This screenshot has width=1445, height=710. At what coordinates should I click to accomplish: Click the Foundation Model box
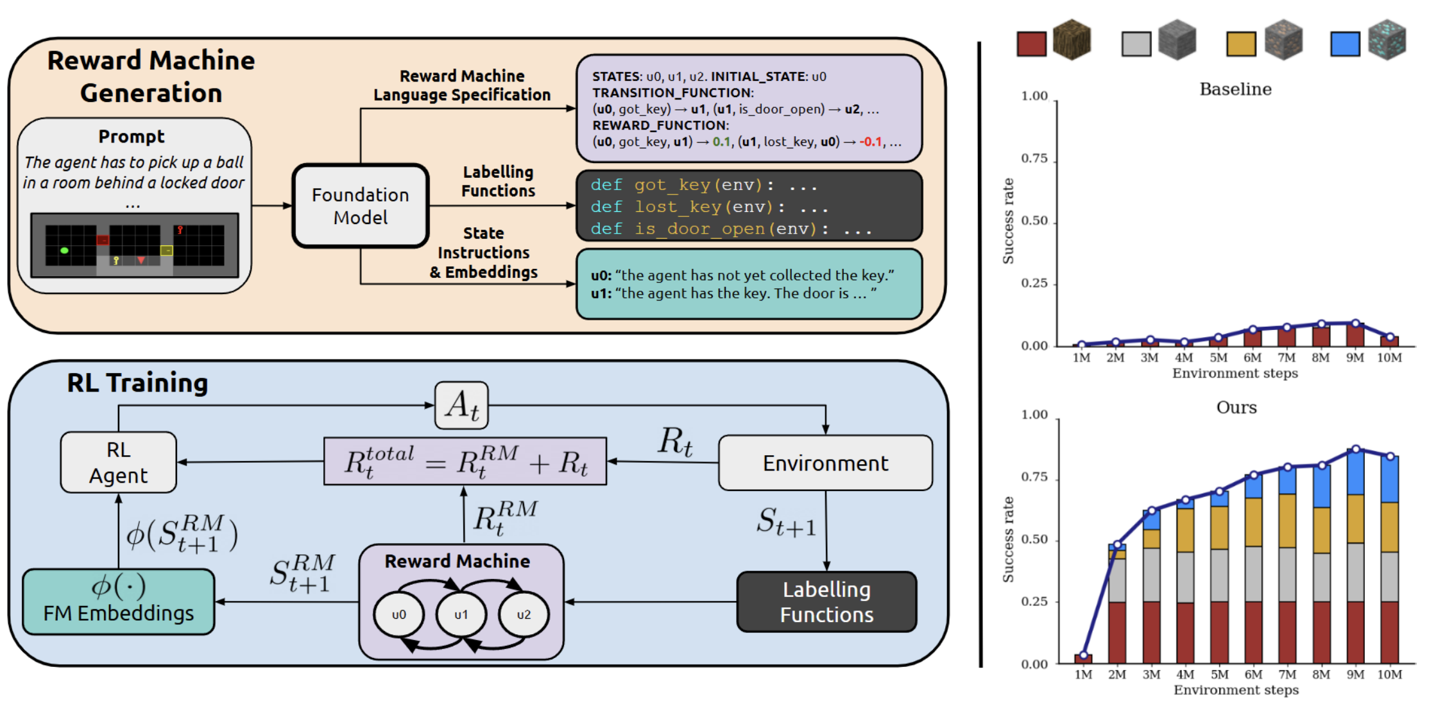tap(361, 206)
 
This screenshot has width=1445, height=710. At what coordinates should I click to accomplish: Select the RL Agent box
tap(119, 462)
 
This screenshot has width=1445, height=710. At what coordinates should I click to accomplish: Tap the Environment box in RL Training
tap(825, 463)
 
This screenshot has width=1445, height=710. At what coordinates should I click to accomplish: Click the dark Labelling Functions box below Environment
tap(826, 602)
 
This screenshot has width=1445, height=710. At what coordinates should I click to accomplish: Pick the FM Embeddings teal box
tap(119, 602)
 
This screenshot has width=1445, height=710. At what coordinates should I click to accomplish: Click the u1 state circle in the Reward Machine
tap(461, 614)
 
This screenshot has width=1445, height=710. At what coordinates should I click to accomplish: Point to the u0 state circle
tap(398, 614)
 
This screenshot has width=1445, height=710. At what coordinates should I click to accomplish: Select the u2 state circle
tap(524, 614)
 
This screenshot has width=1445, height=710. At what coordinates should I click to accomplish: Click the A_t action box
tap(461, 405)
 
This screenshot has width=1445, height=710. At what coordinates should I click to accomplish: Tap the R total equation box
tap(465, 462)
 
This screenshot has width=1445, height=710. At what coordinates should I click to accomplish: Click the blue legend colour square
tap(1345, 44)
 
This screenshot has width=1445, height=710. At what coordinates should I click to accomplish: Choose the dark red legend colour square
tap(1031, 44)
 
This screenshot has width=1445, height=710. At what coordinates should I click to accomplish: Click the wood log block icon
tap(1072, 40)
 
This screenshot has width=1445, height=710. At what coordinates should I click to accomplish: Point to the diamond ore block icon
tap(1387, 40)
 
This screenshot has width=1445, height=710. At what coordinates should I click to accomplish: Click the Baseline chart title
tap(1235, 89)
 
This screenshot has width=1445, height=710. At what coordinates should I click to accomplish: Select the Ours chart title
tap(1236, 408)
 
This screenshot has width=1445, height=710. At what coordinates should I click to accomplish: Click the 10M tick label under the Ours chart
tap(1389, 675)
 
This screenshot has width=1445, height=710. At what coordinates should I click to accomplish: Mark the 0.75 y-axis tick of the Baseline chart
tap(1034, 159)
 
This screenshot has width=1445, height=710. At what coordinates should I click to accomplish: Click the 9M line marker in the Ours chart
tap(1356, 449)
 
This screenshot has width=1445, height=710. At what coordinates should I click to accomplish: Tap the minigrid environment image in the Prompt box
tap(135, 245)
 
